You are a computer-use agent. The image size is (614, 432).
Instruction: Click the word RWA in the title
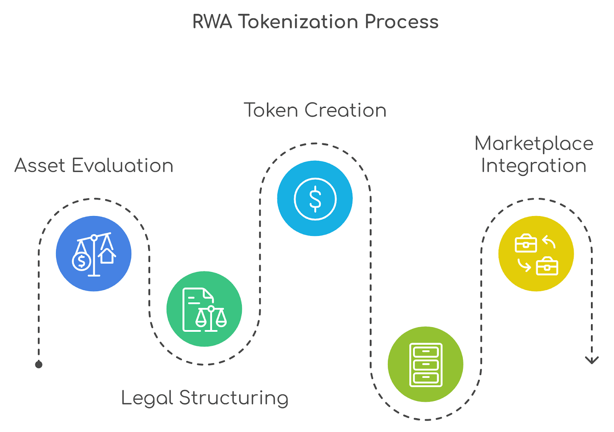click(x=212, y=21)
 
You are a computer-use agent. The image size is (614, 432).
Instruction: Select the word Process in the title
click(x=401, y=21)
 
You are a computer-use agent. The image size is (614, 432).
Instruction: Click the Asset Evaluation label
click(x=94, y=166)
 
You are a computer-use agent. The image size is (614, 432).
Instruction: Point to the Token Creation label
click(x=315, y=110)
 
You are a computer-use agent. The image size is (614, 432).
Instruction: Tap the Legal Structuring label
click(x=205, y=398)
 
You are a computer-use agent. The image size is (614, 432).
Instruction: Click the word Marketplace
click(x=534, y=144)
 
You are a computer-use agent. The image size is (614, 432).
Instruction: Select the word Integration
click(x=534, y=166)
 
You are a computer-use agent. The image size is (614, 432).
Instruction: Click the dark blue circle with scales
click(x=94, y=254)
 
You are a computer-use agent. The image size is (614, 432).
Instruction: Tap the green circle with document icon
click(x=204, y=309)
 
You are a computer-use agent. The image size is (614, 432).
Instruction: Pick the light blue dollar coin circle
click(x=315, y=198)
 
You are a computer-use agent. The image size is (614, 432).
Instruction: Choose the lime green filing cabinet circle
click(x=425, y=364)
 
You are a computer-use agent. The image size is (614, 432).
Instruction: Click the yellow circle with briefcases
click(x=536, y=254)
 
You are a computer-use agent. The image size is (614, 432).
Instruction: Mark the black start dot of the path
click(x=39, y=364)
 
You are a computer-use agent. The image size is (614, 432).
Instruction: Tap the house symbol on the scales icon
click(x=107, y=256)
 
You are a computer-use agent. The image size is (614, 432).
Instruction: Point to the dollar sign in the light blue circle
click(x=315, y=199)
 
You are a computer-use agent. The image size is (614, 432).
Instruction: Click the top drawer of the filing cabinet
click(x=426, y=351)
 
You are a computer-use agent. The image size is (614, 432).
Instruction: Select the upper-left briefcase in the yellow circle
click(x=525, y=243)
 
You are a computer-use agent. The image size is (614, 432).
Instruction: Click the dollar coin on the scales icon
click(x=81, y=261)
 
